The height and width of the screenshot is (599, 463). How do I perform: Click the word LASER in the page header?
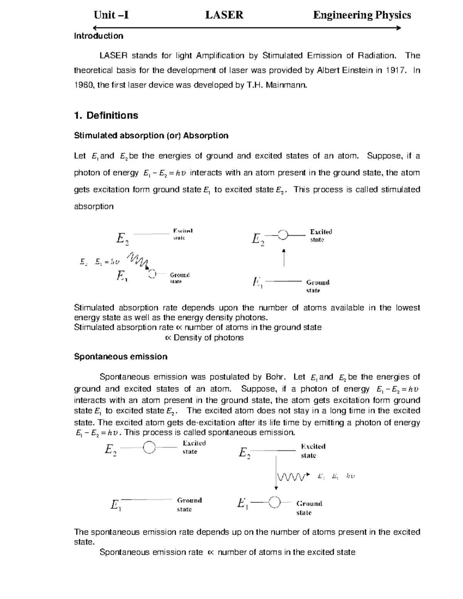pos(224,15)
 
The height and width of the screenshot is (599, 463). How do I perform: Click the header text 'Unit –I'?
pos(111,15)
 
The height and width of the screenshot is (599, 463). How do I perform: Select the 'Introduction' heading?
pos(98,36)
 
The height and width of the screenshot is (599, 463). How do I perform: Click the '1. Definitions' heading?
pos(106,115)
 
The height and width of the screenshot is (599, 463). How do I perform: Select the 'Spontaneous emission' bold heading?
pos(120,356)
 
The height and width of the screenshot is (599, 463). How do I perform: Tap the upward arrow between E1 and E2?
pos(284,257)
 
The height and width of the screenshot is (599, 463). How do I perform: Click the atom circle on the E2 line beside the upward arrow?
pos(283,235)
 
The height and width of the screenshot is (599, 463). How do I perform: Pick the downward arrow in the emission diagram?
pos(276,472)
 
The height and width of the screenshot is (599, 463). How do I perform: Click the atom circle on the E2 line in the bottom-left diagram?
pos(149,447)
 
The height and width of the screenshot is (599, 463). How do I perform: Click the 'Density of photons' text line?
pos(204,338)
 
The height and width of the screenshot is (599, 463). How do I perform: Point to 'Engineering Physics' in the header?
pos(362,15)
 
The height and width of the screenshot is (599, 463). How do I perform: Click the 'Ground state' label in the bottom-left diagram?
pos(189,505)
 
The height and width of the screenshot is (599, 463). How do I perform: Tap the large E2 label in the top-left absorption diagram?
pos(122,239)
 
